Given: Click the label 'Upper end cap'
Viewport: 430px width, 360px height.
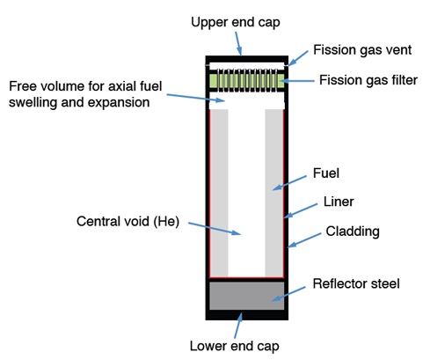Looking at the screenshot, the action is [236, 22].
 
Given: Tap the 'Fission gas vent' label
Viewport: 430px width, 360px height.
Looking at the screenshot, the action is [362, 50].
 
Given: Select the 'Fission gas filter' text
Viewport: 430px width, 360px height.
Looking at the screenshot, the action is [368, 80].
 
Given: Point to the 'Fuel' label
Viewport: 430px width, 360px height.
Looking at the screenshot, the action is [326, 173].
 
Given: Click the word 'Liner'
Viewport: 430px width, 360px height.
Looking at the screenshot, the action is [339, 202].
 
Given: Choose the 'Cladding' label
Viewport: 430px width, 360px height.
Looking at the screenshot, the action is [353, 231].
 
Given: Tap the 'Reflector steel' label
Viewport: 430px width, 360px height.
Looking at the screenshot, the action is [356, 283].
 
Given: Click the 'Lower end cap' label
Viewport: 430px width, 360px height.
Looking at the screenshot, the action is [234, 346].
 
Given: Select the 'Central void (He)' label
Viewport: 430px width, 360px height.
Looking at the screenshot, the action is [128, 221].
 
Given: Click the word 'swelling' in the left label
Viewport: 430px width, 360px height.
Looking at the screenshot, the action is [33, 103].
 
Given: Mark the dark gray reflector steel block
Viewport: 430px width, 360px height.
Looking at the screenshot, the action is [247, 296].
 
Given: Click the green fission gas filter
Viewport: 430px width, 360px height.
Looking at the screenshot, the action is [247, 81].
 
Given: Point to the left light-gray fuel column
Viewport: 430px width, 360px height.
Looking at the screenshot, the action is [219, 193].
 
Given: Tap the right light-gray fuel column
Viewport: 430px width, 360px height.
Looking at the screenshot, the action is [274, 193].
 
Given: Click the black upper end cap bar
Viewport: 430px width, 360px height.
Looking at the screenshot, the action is [247, 59].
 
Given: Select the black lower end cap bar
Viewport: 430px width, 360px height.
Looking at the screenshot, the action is [247, 315].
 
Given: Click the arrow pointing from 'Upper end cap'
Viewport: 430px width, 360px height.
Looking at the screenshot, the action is [238, 43].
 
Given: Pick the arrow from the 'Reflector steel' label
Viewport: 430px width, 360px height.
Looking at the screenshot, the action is [288, 294].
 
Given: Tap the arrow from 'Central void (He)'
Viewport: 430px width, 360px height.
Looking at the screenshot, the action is [215, 229].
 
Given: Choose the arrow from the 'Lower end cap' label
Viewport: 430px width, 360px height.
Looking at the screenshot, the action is [238, 326].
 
